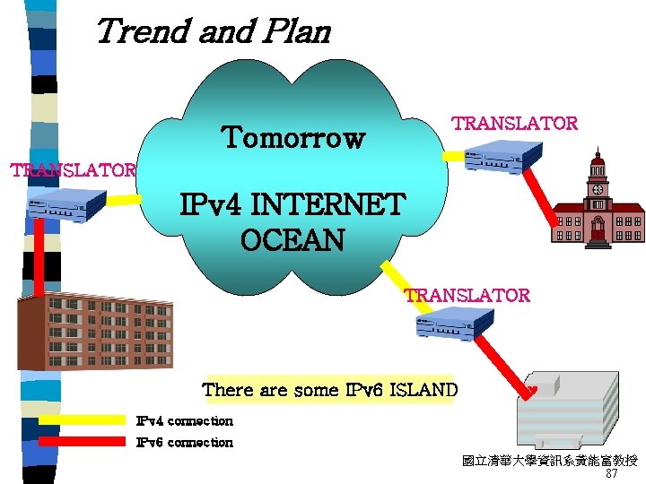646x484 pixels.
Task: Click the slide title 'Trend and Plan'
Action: [x=212, y=31]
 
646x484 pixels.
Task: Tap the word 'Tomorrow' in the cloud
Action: [x=293, y=138]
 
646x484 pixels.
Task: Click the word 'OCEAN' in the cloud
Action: [x=292, y=240]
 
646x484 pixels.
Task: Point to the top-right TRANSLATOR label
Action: [x=514, y=124]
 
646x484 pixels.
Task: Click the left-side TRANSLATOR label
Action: [x=72, y=169]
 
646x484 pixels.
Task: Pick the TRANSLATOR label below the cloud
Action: [x=467, y=295]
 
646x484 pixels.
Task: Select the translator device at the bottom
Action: [x=454, y=323]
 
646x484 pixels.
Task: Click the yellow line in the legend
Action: [x=82, y=419]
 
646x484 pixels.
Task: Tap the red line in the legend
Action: [x=82, y=441]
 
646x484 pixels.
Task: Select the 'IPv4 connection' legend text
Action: [x=184, y=420]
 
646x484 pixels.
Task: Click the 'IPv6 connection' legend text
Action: [x=184, y=442]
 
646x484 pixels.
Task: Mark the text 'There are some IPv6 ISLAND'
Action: [x=329, y=390]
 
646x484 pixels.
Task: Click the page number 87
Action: [x=612, y=473]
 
